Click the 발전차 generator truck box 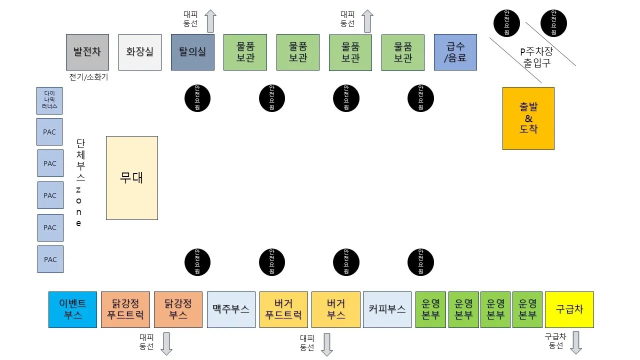87,52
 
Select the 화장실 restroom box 140,52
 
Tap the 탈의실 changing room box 192,52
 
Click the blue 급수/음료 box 455,52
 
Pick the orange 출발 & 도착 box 528,118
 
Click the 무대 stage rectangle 132,178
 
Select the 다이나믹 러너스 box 50,100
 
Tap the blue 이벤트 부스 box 72,309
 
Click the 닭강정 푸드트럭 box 125,309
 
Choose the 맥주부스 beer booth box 231,309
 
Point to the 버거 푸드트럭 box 283,309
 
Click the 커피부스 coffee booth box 387,309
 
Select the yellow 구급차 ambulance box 569,309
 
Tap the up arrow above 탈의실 210,21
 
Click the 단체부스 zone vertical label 80,182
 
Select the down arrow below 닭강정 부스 167,343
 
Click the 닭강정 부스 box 178,309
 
